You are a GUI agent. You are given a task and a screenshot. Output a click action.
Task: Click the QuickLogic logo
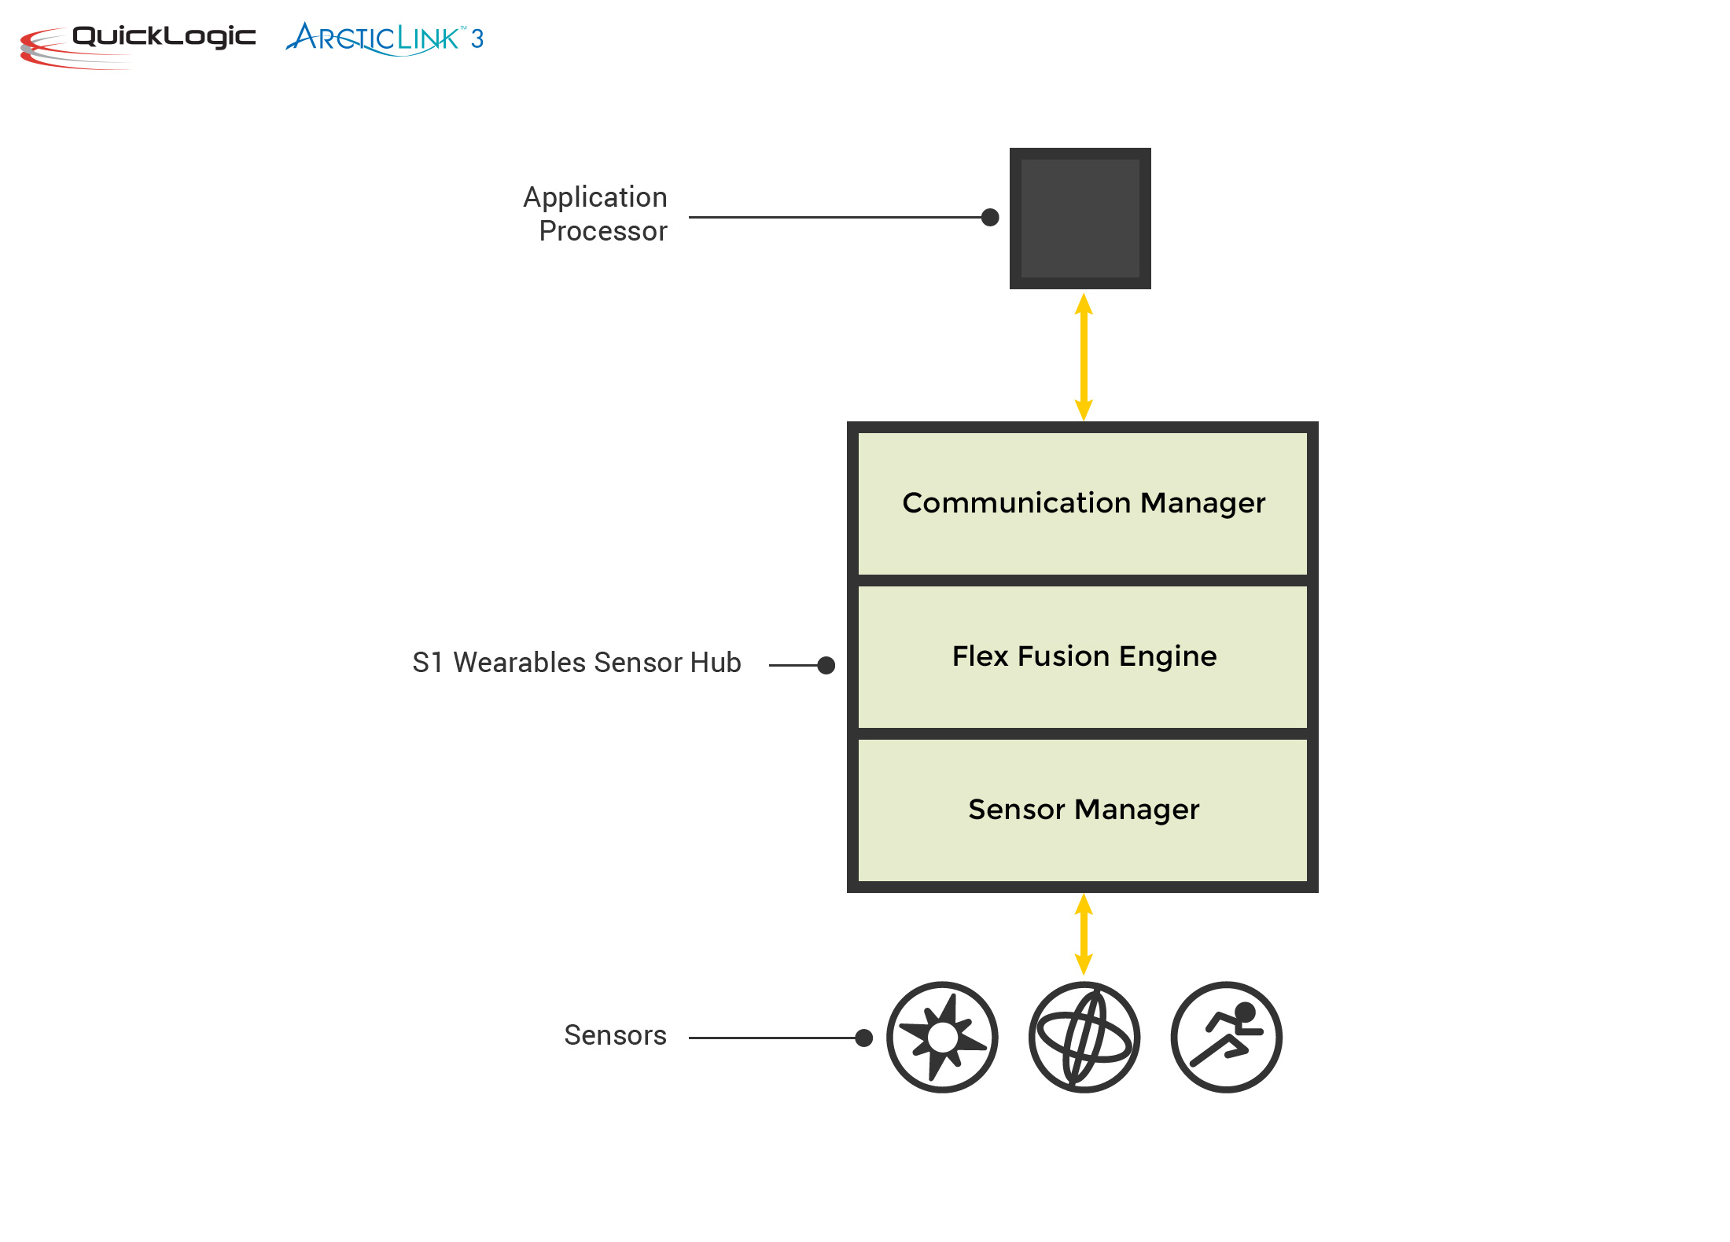[138, 43]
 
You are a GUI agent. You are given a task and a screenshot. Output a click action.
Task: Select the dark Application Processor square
[1080, 219]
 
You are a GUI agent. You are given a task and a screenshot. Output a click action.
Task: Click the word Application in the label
[594, 197]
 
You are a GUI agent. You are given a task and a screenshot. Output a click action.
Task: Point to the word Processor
[602, 231]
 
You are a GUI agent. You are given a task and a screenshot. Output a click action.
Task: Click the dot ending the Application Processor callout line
[990, 217]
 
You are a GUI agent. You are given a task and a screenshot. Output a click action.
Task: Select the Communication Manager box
[1082, 504]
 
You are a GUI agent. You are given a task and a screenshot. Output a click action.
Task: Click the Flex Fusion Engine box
[1082, 657]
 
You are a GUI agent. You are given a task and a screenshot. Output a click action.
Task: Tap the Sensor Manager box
[1082, 810]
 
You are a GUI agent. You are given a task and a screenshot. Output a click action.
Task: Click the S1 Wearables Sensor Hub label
[576, 663]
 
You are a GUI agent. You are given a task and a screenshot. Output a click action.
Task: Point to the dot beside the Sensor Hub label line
[826, 665]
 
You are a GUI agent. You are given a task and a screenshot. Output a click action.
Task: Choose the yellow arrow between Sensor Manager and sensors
[1084, 934]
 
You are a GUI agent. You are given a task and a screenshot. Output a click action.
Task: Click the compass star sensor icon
[942, 1037]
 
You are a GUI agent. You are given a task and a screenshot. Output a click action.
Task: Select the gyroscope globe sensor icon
[1084, 1037]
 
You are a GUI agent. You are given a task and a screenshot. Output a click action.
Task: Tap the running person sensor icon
[1226, 1037]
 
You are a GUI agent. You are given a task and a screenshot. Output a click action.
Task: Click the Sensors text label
[615, 1035]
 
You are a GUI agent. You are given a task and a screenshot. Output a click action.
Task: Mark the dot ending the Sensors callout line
[863, 1038]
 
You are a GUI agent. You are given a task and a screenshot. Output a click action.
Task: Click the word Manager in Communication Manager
[1202, 504]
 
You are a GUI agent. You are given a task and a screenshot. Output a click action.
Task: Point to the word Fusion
[1063, 656]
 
